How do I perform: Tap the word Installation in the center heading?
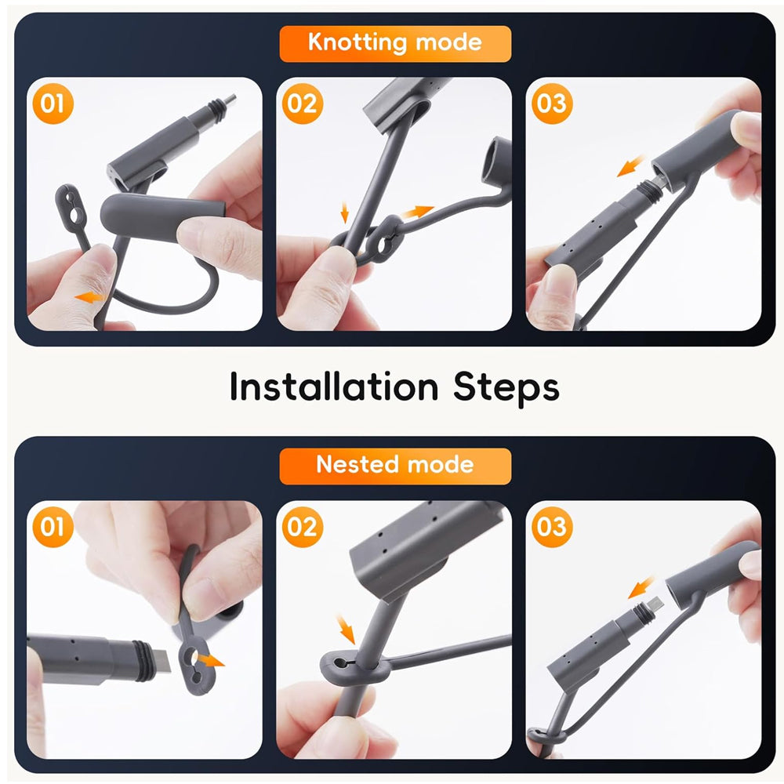click(334, 387)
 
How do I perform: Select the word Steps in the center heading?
click(506, 387)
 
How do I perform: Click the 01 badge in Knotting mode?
click(53, 104)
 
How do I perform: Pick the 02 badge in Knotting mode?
click(302, 104)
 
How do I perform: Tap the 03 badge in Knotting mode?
click(551, 104)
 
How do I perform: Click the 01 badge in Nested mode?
click(53, 527)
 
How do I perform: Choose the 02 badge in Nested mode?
click(302, 527)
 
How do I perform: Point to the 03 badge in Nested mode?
click(551, 527)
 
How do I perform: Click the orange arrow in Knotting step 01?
click(89, 297)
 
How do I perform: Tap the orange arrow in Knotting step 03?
click(631, 165)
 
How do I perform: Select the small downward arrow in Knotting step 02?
click(344, 212)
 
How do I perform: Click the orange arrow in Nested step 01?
click(210, 661)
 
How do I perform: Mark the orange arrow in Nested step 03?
click(641, 587)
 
